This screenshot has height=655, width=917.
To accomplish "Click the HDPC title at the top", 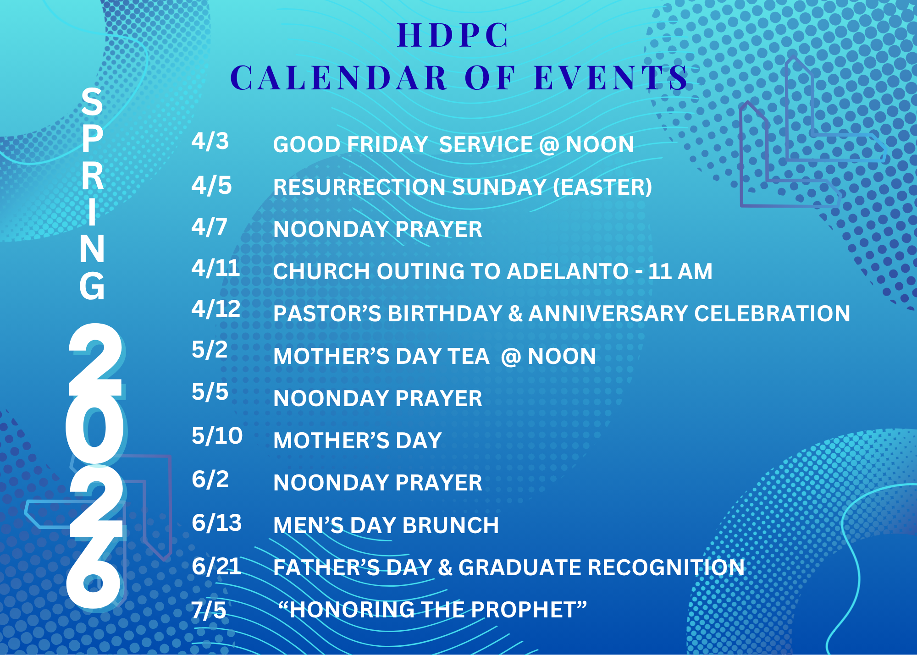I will click(x=453, y=35).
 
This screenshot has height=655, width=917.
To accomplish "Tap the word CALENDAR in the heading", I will click(x=339, y=78).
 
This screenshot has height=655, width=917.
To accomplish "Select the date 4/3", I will click(x=210, y=141).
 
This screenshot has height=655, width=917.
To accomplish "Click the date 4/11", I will click(x=215, y=268).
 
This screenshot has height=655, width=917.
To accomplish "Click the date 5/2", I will click(x=210, y=350).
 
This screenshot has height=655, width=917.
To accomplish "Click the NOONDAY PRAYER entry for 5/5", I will click(x=377, y=398).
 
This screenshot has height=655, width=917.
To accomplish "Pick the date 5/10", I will click(x=217, y=435).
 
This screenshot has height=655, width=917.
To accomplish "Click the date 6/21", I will click(x=216, y=567).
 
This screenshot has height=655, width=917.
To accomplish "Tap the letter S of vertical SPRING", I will click(x=92, y=102).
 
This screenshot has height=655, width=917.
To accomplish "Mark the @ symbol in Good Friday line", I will click(x=549, y=145).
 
